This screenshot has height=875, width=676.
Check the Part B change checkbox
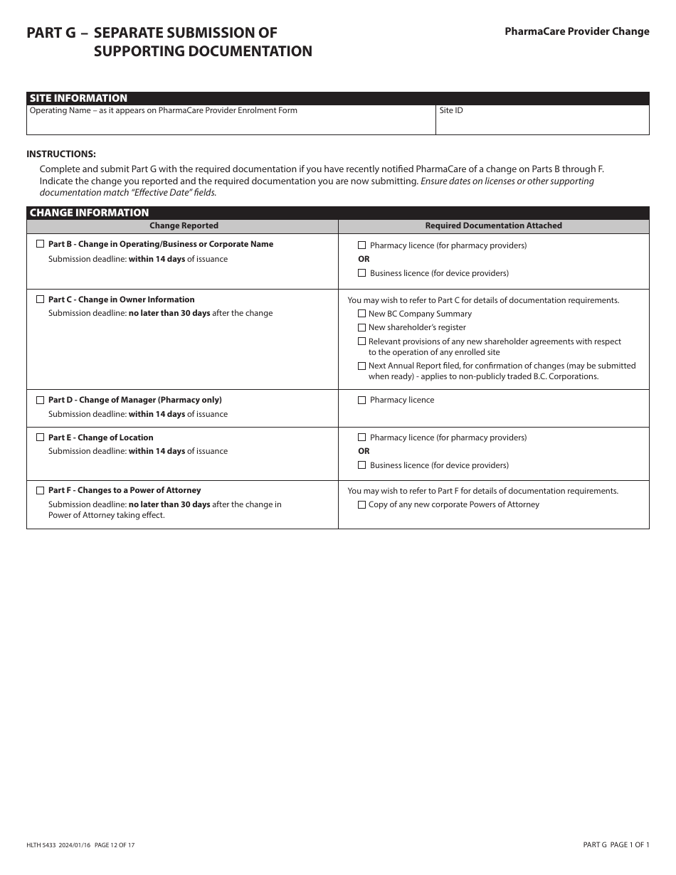coord(40,244)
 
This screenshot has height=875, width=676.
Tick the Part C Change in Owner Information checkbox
coord(40,299)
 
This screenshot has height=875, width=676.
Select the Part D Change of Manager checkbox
coord(40,400)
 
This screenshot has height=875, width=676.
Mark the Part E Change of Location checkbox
coord(40,437)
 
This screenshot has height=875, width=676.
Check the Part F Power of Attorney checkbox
coord(40,490)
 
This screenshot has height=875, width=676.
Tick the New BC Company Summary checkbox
coord(361,314)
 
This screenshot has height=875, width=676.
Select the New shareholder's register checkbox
coord(361,327)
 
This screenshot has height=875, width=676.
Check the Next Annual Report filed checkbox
coord(361,366)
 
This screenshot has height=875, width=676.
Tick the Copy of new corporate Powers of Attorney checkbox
coord(361,504)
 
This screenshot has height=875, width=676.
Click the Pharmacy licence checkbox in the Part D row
coord(361,400)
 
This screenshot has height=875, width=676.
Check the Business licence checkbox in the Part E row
coord(361,465)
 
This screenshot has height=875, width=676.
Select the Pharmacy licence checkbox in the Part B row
coord(361,245)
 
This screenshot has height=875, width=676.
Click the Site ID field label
coord(451,111)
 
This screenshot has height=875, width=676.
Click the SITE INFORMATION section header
coord(78,98)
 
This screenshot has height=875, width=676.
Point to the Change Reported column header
coord(184,226)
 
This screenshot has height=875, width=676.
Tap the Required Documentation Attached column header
coord(493,226)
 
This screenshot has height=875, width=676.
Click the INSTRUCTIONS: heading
coord(61,154)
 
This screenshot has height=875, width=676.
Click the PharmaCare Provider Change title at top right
coord(576,31)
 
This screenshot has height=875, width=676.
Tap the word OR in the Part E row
coord(364,451)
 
